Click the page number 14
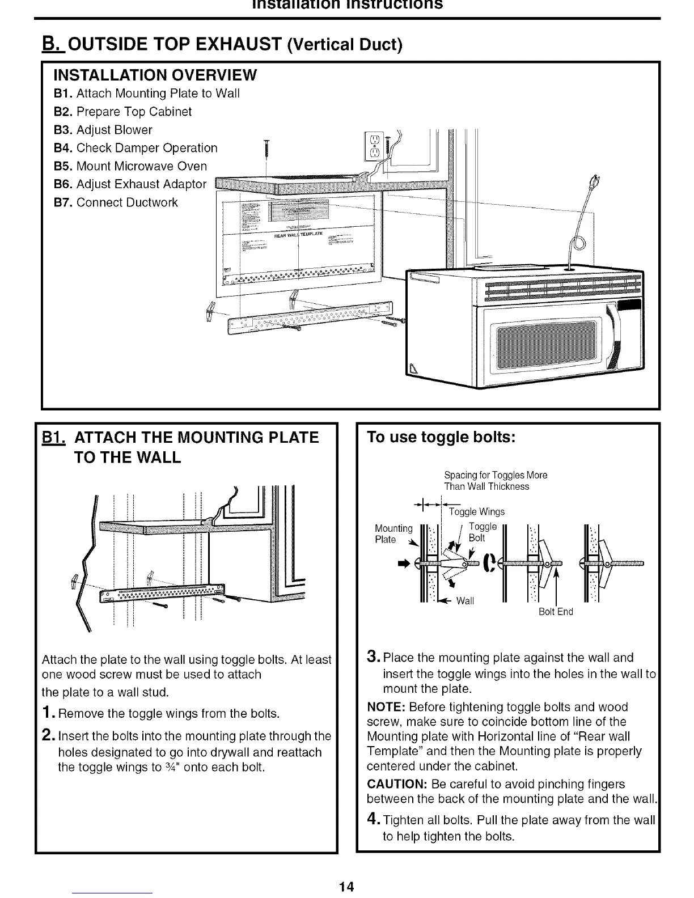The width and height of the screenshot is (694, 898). (x=347, y=886)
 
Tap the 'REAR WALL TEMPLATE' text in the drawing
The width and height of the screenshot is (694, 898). (x=298, y=234)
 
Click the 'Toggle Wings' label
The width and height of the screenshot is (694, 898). (x=476, y=512)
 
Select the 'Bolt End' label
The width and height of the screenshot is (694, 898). (x=556, y=612)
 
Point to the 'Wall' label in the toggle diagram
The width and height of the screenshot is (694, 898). (x=465, y=601)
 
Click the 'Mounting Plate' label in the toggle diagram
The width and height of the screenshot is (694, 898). (x=393, y=533)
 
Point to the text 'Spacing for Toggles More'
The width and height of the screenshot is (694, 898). (x=496, y=475)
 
